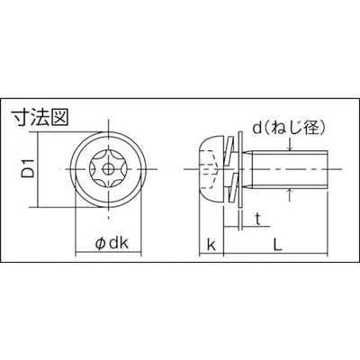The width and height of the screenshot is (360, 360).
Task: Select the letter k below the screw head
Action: pyautogui.click(x=210, y=243)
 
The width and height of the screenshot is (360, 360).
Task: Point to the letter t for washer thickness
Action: pyautogui.click(x=257, y=218)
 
